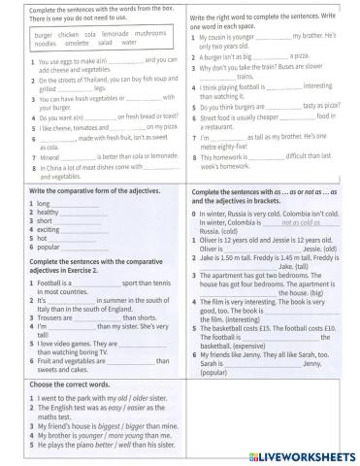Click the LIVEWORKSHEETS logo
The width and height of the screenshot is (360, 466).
[309, 454]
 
